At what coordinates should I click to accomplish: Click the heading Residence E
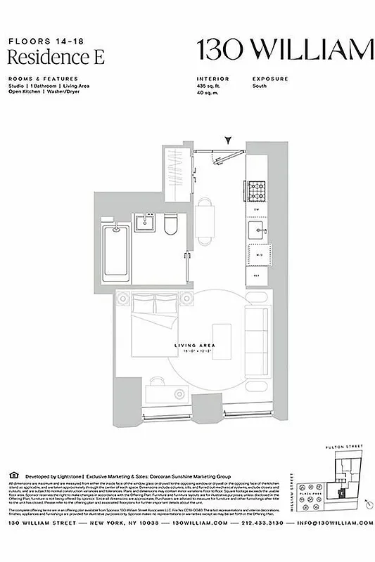[x=56, y=58]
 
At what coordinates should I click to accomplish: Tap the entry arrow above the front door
[x=227, y=141]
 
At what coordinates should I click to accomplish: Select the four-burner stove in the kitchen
[x=255, y=189]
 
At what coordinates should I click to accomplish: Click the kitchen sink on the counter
[x=255, y=229]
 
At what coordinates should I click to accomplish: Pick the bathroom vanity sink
[x=145, y=224]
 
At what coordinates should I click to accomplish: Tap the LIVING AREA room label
[x=191, y=346]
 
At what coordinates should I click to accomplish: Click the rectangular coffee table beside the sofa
[x=223, y=343]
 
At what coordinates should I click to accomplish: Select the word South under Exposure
[x=259, y=86]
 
